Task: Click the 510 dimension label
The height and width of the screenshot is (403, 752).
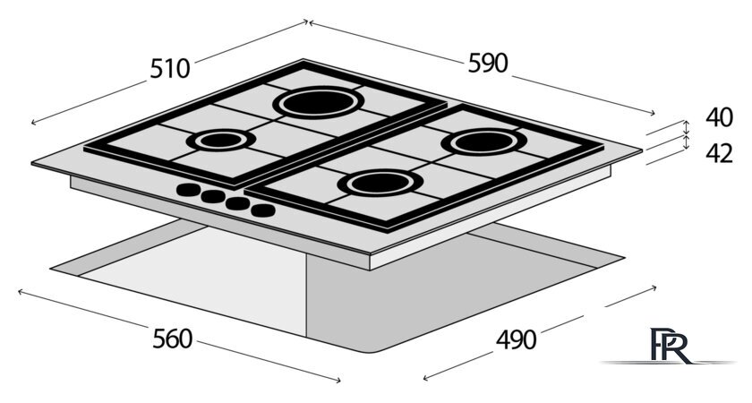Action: pos(170,68)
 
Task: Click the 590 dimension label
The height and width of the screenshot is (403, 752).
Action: pos(487,63)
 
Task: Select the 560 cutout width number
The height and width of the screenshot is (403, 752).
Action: pos(172,339)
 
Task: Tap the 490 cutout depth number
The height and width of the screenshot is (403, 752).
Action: pos(516,340)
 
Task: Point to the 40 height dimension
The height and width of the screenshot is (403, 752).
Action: pos(719,117)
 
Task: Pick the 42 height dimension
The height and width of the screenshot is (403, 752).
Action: pos(719,153)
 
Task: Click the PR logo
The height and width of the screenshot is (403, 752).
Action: pos(669,346)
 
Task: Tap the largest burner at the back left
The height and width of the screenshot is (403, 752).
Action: pos(319,102)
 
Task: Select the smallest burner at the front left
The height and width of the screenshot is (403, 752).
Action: pos(220,140)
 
